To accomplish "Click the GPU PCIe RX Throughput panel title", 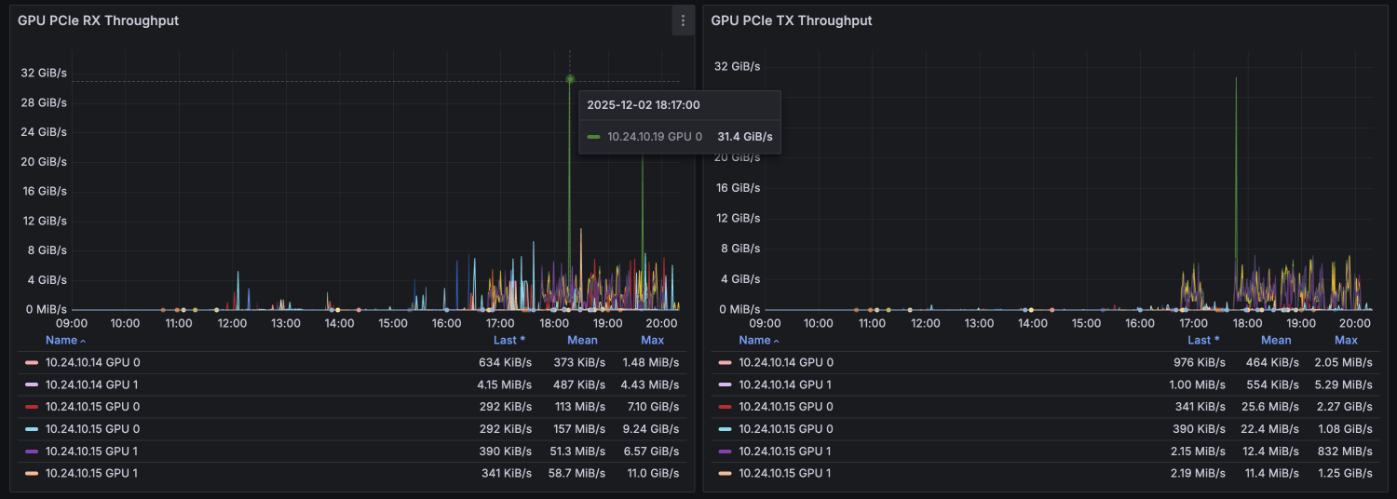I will tap(98, 20).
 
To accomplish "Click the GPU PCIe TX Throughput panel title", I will tap(791, 20).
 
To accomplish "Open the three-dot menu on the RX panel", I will tap(683, 20).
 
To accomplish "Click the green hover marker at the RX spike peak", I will tap(570, 79).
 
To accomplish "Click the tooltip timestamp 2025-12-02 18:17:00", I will tap(643, 105).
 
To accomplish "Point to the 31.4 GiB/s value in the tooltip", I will tap(744, 137).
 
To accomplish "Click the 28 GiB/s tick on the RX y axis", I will tap(45, 102).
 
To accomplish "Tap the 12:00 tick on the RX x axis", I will tap(232, 323).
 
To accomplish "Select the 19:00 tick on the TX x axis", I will tap(1300, 323).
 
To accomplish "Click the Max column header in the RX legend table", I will tap(652, 340).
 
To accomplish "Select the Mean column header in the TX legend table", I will tap(1275, 340).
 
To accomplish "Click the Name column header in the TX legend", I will tap(754, 340).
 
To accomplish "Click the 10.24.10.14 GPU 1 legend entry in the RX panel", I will tap(92, 384).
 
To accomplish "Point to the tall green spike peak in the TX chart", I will tap(1236, 79).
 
